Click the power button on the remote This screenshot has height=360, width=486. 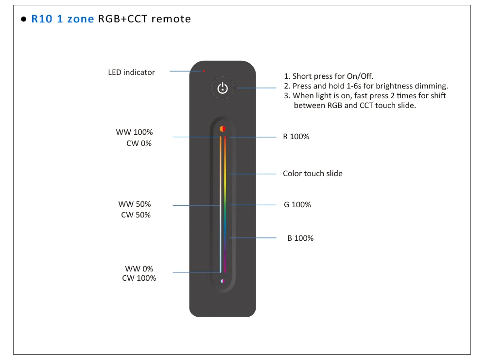(223, 88)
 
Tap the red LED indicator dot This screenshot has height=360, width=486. (204, 71)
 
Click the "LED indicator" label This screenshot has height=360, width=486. (131, 72)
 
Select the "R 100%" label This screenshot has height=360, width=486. (296, 137)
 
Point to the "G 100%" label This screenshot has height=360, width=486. (297, 205)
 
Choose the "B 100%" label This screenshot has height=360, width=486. (300, 238)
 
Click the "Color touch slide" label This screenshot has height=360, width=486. (312, 174)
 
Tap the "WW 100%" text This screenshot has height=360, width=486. (134, 132)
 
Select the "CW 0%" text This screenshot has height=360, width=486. (139, 144)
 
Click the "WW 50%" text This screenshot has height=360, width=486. (135, 204)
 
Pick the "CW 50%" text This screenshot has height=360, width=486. (136, 215)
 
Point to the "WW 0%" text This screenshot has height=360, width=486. (139, 269)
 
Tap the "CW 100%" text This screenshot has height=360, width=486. (139, 278)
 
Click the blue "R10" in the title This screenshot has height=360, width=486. (42, 19)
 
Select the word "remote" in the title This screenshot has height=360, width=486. (171, 19)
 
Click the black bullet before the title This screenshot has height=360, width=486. (23, 19)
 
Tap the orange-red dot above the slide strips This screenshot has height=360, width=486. (223, 129)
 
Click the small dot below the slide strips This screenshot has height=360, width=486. (223, 281)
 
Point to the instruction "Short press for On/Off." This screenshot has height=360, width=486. (333, 76)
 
